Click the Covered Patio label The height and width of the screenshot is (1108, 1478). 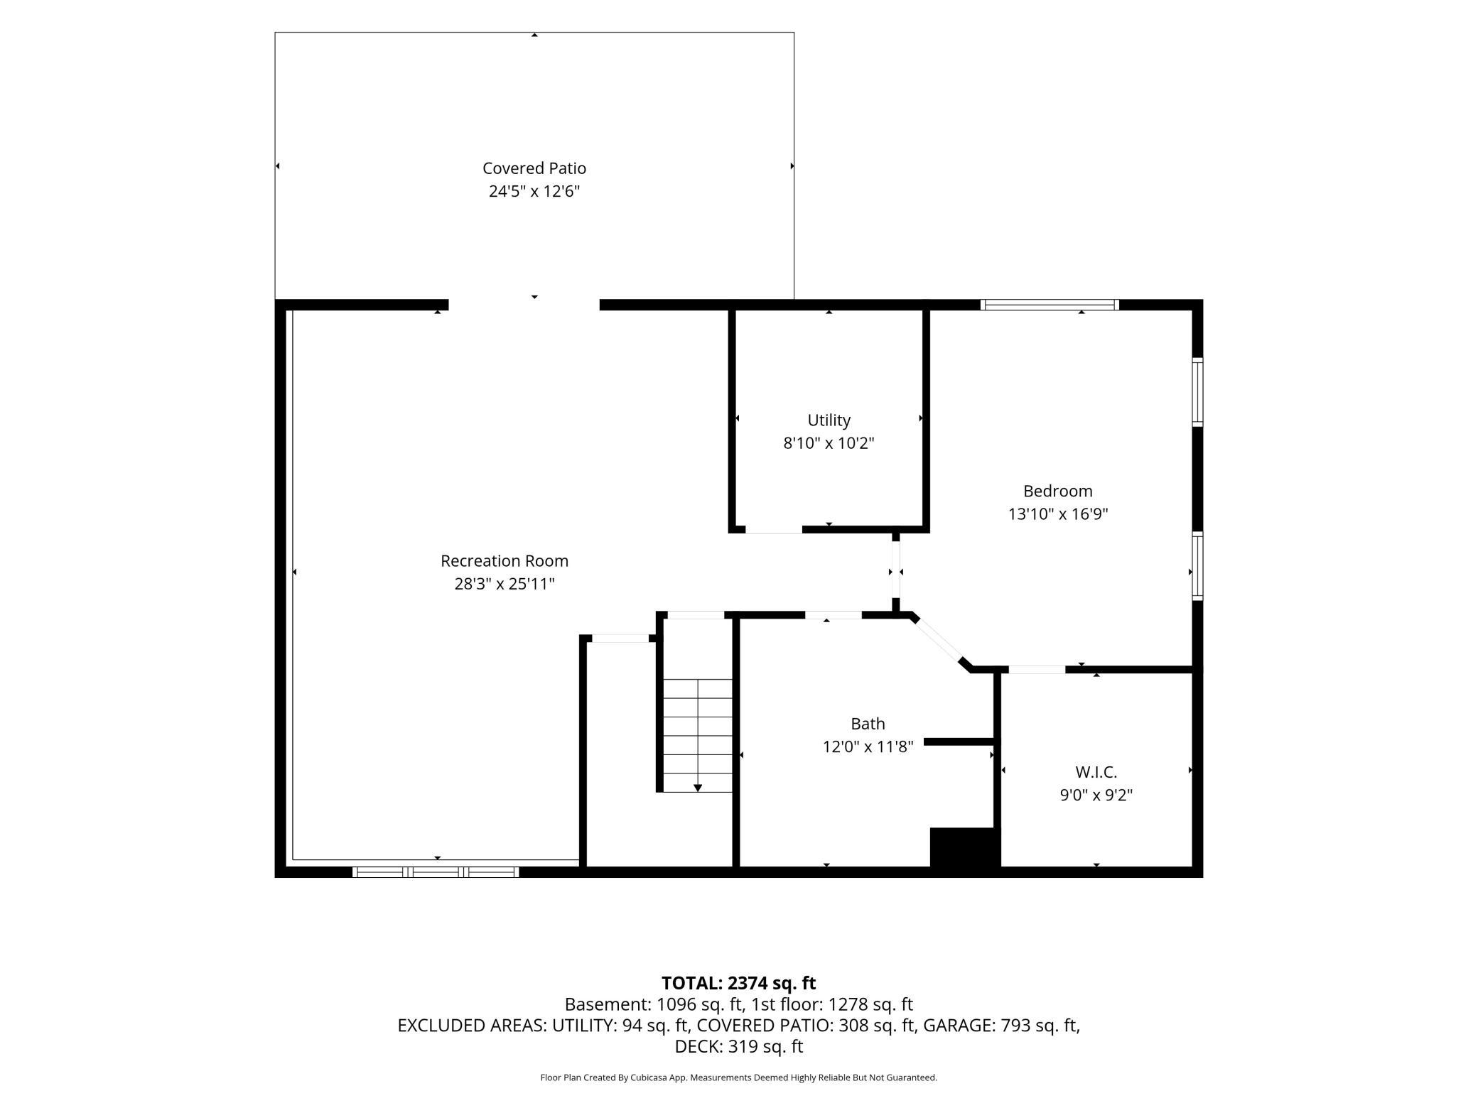[x=534, y=168]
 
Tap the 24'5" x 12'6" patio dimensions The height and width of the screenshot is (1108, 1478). [x=534, y=191]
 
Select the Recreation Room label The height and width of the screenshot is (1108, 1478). [x=505, y=561]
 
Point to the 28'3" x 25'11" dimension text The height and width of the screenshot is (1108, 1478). [x=505, y=584]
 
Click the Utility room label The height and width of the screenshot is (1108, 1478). [x=829, y=420]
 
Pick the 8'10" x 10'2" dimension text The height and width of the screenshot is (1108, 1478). [x=829, y=443]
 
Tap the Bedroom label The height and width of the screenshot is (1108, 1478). [x=1058, y=491]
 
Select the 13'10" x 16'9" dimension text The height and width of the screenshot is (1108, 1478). [x=1058, y=514]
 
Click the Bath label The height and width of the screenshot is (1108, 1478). [x=868, y=724]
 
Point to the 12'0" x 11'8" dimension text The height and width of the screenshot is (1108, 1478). [x=868, y=746]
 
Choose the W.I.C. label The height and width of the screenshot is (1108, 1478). [x=1096, y=772]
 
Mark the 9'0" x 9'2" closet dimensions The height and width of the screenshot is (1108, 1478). [x=1096, y=795]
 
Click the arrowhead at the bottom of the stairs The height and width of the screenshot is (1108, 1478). [x=698, y=788]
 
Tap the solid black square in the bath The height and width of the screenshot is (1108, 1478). [x=965, y=847]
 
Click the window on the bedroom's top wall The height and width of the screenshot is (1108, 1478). [x=1050, y=305]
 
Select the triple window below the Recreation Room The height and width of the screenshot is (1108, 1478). [x=436, y=872]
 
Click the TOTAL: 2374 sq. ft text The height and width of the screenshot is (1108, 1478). [x=739, y=983]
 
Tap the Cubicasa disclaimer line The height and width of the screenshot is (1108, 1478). [x=739, y=1077]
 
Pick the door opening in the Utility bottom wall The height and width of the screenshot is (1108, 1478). [x=774, y=530]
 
